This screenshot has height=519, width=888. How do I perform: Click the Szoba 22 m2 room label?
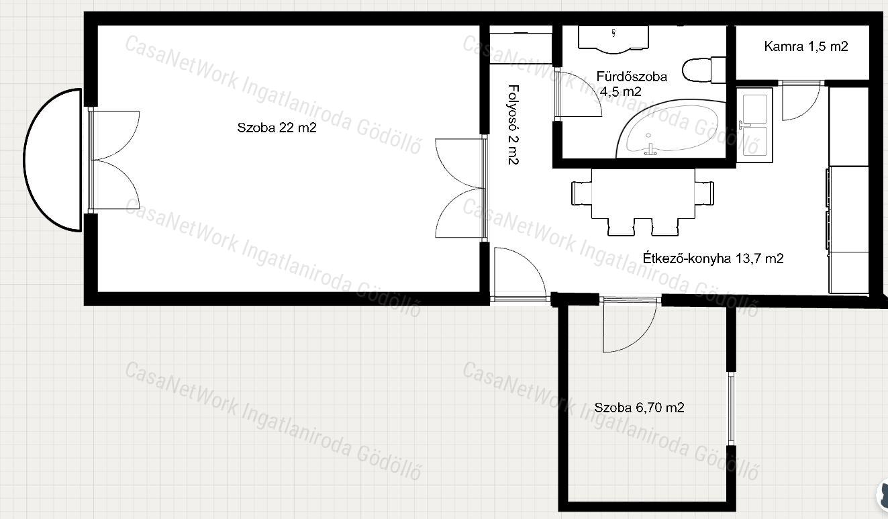pyautogui.click(x=277, y=128)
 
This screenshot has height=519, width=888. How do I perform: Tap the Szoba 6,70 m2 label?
pyautogui.click(x=639, y=407)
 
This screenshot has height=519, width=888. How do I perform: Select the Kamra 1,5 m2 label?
pyautogui.click(x=806, y=46)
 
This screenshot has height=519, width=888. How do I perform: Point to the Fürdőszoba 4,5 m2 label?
pyautogui.click(x=632, y=84)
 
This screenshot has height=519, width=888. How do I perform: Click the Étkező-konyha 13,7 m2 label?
pyautogui.click(x=713, y=258)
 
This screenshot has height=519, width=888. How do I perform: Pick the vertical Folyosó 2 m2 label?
pyautogui.click(x=513, y=124)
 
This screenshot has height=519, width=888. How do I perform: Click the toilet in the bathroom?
pyautogui.click(x=704, y=70)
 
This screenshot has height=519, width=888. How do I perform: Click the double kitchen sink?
pyautogui.click(x=755, y=126)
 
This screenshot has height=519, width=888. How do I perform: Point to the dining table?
pyautogui.click(x=642, y=194)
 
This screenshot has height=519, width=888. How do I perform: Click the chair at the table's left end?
pyautogui.click(x=581, y=193)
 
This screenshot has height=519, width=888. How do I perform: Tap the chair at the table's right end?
pyautogui.click(x=705, y=193)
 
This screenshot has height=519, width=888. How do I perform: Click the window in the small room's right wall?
pyautogui.click(x=731, y=409)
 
